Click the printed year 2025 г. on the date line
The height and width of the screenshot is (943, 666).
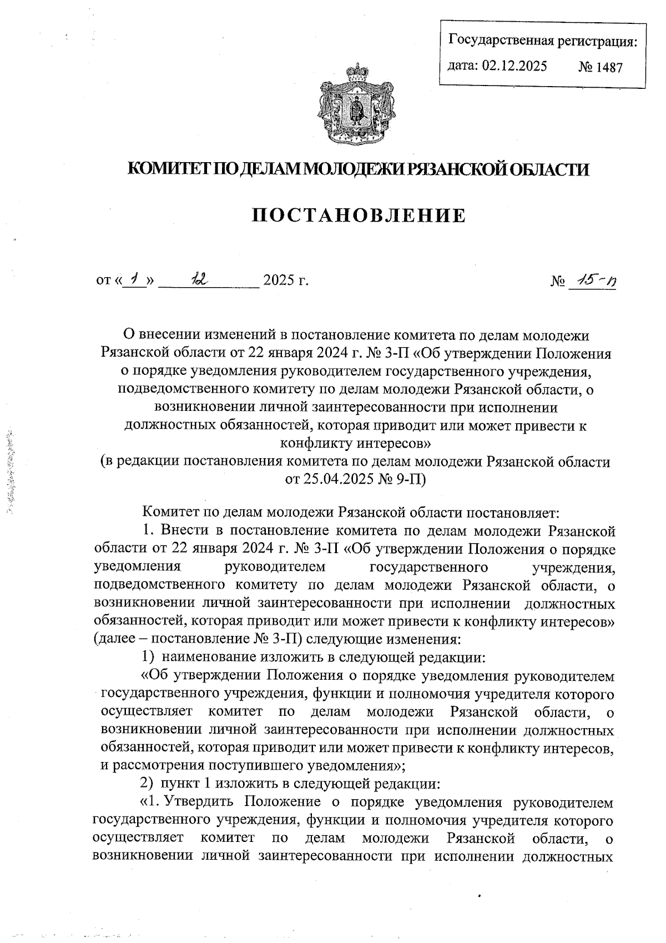[x=286, y=280]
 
